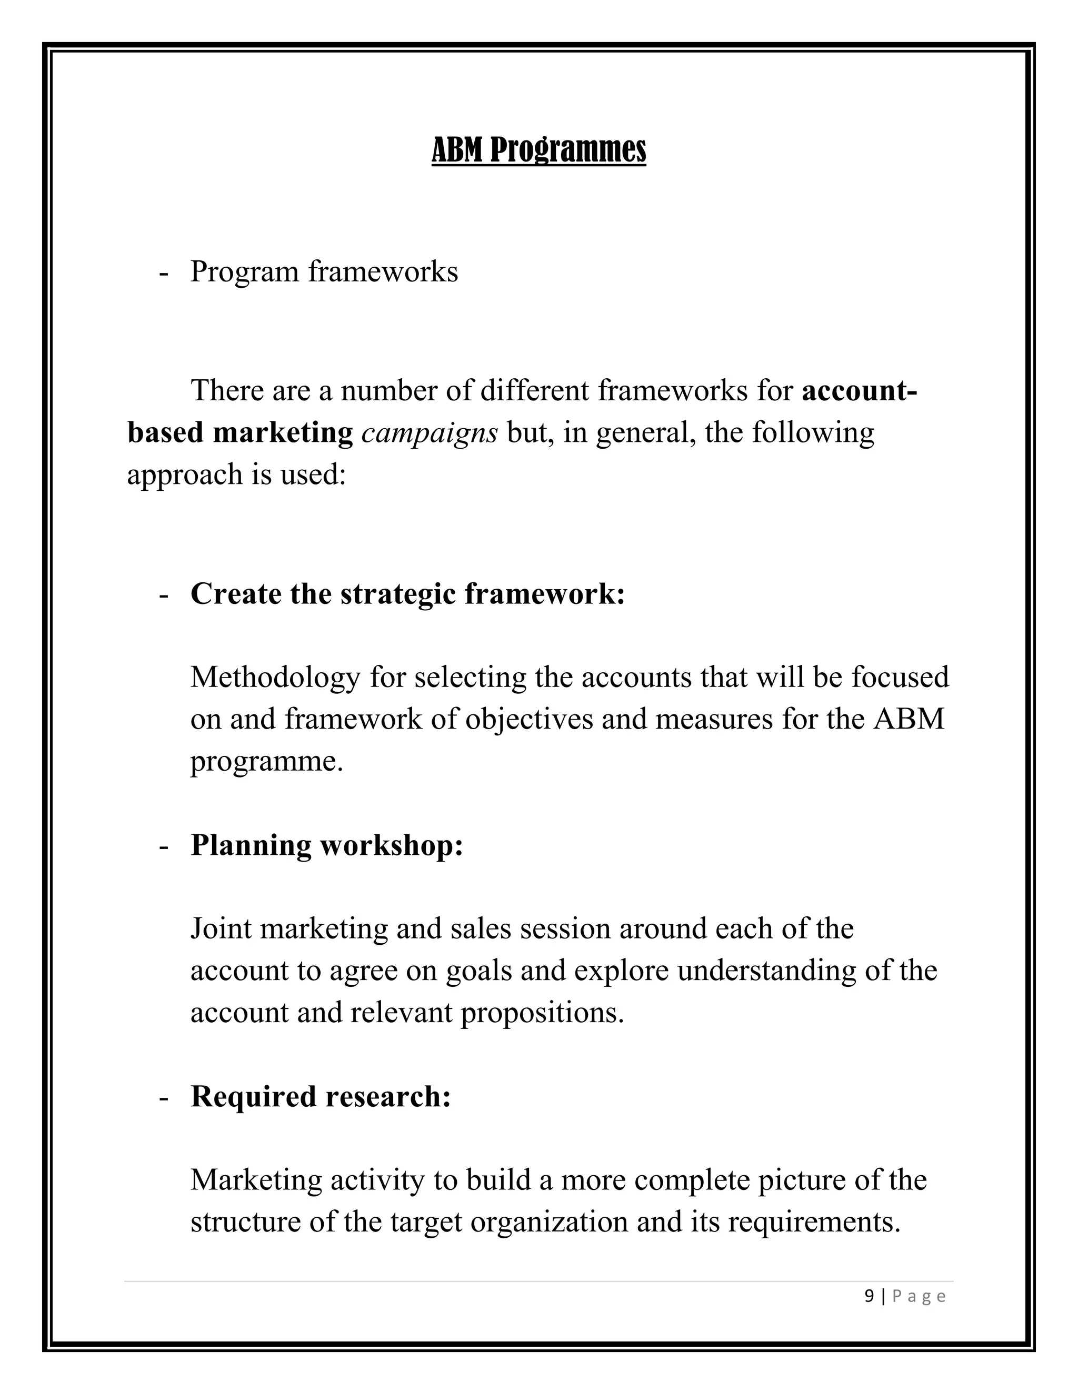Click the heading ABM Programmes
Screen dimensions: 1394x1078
(x=538, y=150)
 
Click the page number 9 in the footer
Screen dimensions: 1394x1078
(x=869, y=1296)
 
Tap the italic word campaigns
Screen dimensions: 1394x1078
(x=429, y=433)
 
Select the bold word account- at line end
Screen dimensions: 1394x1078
(x=859, y=391)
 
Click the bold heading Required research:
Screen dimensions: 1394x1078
(x=321, y=1097)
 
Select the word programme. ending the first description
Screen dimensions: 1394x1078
(x=266, y=762)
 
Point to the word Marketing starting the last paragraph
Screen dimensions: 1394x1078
(x=256, y=1180)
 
